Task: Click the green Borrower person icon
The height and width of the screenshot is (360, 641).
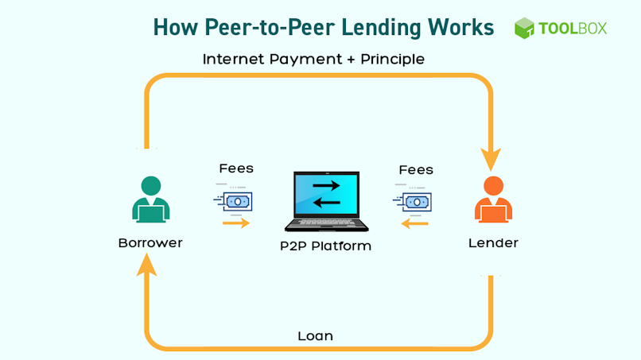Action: pyautogui.click(x=151, y=199)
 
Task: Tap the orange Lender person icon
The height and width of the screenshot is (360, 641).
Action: pyautogui.click(x=493, y=199)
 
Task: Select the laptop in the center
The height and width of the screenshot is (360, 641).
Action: pyautogui.click(x=327, y=201)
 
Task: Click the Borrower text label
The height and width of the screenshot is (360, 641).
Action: pyautogui.click(x=150, y=243)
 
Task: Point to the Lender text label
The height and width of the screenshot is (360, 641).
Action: pyautogui.click(x=493, y=243)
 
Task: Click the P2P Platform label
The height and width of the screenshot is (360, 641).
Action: pyautogui.click(x=326, y=246)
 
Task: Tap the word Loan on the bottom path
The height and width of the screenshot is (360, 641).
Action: pyautogui.click(x=315, y=336)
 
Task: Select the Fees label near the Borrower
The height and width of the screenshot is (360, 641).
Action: pyautogui.click(x=236, y=168)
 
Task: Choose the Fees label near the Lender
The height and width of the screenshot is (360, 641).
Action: pyautogui.click(x=416, y=169)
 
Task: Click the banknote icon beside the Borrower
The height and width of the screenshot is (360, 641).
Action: pyautogui.click(x=233, y=201)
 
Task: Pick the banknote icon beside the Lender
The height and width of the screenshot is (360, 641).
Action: pyautogui.click(x=413, y=202)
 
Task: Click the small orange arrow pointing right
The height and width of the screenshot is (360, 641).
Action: pyautogui.click(x=236, y=223)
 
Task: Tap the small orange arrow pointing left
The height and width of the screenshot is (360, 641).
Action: pyautogui.click(x=414, y=223)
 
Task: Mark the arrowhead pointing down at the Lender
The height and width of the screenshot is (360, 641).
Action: pyautogui.click(x=491, y=159)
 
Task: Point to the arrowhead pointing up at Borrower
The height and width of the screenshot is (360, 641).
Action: pyautogui.click(x=146, y=265)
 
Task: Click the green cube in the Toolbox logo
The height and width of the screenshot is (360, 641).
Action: pyautogui.click(x=524, y=28)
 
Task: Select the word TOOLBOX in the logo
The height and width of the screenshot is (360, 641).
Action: pyautogui.click(x=573, y=28)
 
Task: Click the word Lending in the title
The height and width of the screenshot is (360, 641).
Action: pyautogui.click(x=382, y=28)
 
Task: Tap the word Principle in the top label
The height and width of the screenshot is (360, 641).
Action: pyautogui.click(x=392, y=60)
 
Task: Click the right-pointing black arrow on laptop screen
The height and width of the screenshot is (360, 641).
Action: pyautogui.click(x=326, y=186)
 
